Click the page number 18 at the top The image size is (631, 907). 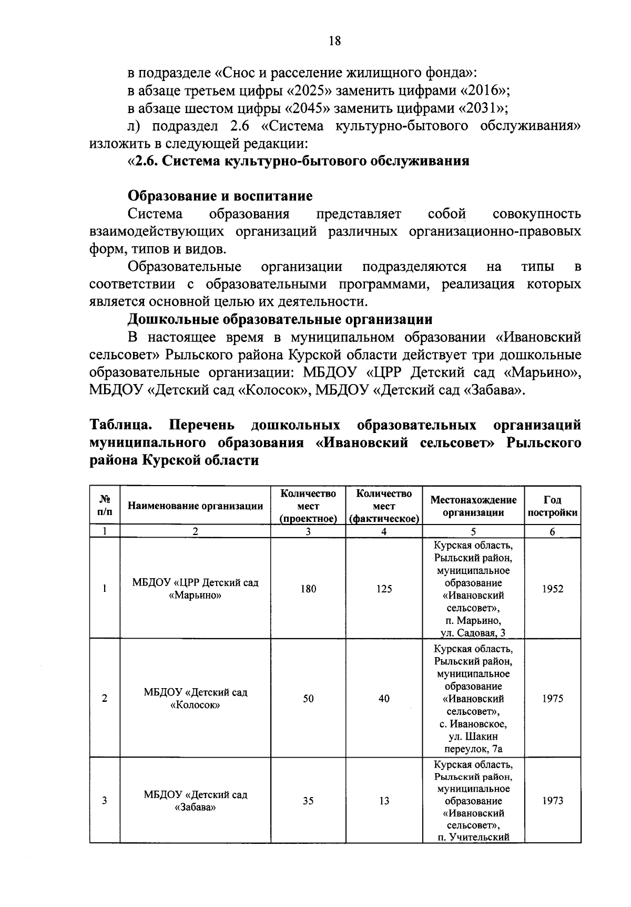(334, 41)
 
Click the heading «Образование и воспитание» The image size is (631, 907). (220, 196)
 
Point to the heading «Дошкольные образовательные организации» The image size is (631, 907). (280, 319)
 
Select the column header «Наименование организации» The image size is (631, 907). (195, 506)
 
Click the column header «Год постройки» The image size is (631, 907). (553, 506)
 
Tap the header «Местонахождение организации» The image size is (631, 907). (473, 506)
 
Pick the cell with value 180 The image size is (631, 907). (308, 589)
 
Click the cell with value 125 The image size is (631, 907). (384, 589)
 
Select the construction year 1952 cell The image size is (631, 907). (553, 589)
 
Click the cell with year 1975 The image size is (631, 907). (553, 699)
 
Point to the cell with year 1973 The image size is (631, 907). (553, 801)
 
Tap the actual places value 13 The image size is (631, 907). (384, 801)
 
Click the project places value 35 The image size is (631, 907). (308, 801)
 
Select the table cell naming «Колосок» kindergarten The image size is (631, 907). (195, 699)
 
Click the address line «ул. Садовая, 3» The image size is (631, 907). (473, 633)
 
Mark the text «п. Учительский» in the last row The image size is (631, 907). (473, 837)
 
